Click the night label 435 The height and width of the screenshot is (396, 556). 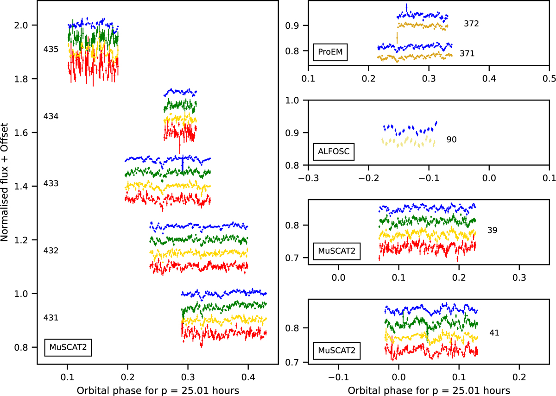51,49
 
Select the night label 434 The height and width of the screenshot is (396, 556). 51,116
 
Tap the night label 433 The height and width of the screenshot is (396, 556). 51,183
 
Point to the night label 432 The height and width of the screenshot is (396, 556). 51,251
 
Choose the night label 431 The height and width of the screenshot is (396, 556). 51,318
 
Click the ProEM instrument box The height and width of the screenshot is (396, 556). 330,52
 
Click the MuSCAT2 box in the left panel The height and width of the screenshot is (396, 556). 68,346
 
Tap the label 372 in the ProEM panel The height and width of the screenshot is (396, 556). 471,24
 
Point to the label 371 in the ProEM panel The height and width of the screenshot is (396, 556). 467,54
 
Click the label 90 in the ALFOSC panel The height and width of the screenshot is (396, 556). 452,139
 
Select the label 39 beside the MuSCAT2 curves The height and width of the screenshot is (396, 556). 492,230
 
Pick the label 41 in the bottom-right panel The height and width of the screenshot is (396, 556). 494,332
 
